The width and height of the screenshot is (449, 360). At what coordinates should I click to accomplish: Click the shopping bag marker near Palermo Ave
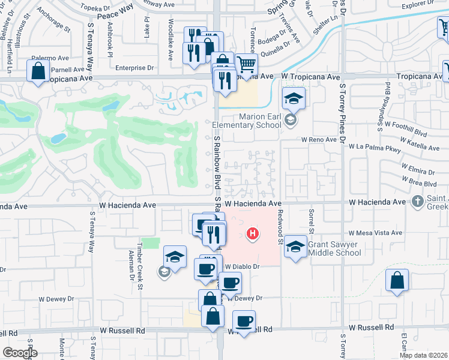tap(38, 71)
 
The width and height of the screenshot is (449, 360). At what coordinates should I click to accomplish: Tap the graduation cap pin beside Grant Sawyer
tap(295, 247)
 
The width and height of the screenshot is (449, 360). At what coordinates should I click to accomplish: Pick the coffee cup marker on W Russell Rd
tap(244, 322)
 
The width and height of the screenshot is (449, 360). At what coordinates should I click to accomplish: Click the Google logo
tap(19, 353)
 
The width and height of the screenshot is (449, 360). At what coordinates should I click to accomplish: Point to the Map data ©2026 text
tap(423, 355)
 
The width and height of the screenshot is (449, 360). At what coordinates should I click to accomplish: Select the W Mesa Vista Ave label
tap(375, 233)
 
